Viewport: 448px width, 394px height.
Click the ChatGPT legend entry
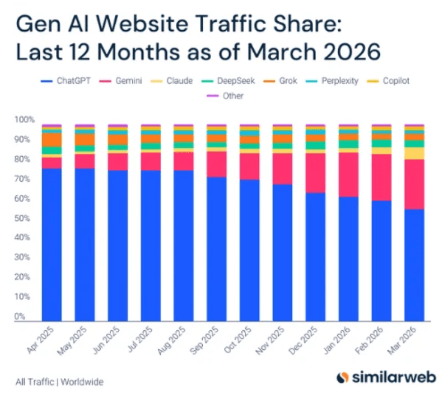pos(66,81)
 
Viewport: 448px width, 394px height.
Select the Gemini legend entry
pos(120,81)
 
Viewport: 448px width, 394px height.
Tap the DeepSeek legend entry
pos(228,81)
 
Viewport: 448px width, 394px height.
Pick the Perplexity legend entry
pos(332,81)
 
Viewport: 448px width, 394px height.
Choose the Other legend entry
pos(225,96)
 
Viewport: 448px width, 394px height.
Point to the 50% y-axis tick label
pos(22,218)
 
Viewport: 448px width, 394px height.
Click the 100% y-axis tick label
pos(24,119)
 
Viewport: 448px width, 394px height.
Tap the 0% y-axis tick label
pos(20,316)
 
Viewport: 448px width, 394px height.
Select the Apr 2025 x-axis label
pos(40,340)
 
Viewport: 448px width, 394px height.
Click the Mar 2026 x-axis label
pos(402,341)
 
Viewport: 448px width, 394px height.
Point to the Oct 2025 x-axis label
pos(237,340)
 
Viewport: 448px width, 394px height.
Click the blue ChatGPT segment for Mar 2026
pos(414,265)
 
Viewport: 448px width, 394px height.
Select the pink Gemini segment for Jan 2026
pos(348,175)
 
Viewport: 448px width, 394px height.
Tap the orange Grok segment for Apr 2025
pos(52,140)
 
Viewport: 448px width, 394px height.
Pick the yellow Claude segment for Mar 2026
pos(414,153)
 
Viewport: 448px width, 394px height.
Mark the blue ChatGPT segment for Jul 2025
pos(151,246)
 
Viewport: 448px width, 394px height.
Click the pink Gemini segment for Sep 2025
pos(217,165)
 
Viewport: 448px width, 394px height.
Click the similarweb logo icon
pos(343,377)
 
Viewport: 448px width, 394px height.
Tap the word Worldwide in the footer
pos(82,382)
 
